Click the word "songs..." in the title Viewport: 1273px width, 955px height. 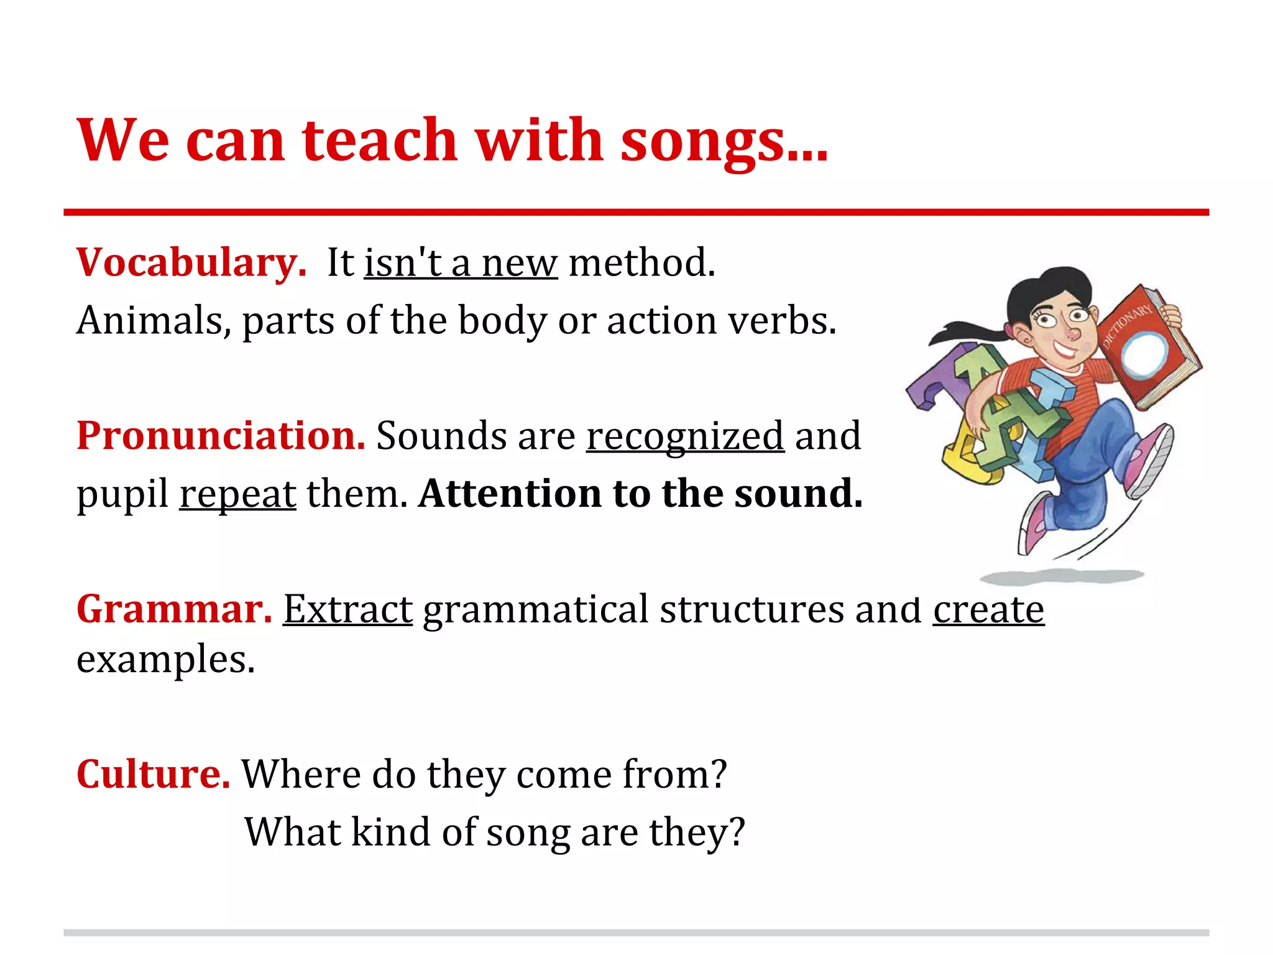724,142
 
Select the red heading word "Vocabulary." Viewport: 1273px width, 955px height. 191,263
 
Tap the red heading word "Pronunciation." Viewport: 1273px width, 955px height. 221,436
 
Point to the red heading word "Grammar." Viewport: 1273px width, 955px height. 175,609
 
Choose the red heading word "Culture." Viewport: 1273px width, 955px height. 154,775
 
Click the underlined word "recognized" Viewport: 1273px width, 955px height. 685,437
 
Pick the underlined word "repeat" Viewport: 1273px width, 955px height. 237,496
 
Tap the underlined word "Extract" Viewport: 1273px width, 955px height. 347,609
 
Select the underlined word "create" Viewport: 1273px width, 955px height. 988,609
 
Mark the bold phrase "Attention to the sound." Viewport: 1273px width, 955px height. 640,494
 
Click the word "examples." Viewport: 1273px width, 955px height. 166,660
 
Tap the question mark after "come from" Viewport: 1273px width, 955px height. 719,775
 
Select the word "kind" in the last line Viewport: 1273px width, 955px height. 390,833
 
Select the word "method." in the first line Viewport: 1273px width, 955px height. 642,263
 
